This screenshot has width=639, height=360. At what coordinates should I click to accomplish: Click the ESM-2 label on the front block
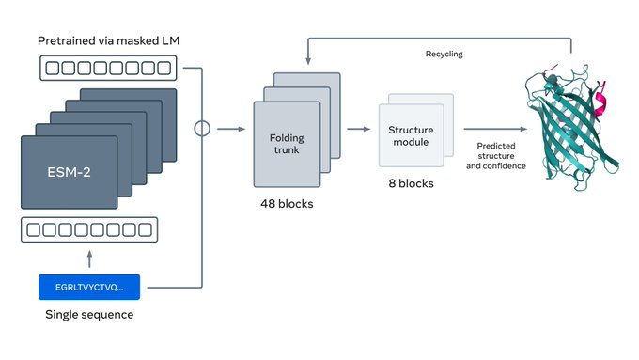(70, 172)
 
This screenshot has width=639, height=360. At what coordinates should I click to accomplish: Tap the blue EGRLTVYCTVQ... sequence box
(88, 286)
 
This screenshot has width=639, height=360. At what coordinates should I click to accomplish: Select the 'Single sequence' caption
(89, 314)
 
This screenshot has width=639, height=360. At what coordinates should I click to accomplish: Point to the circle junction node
(200, 130)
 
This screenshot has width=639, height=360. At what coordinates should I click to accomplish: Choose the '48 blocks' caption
(287, 203)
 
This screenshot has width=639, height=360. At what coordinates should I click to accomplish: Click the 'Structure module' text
(410, 135)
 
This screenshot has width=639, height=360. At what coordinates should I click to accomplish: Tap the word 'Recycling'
(444, 54)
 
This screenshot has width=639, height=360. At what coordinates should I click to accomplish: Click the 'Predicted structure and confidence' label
(495, 156)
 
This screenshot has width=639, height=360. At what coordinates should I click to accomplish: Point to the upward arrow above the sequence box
(88, 256)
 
